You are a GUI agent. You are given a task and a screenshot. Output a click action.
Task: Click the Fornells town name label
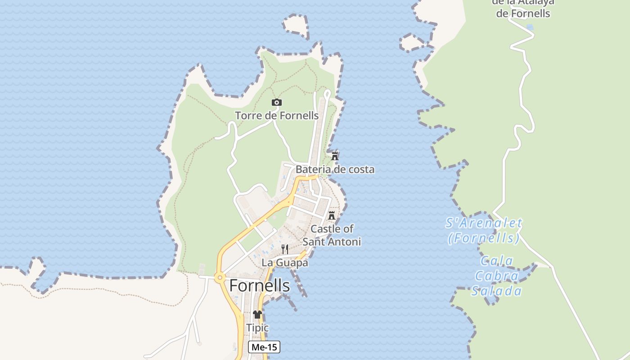click(260, 286)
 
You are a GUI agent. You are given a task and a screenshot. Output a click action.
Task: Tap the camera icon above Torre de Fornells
click(277, 103)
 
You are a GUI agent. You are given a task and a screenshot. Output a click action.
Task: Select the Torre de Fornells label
click(277, 116)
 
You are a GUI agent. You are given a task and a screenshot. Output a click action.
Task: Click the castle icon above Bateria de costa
click(335, 156)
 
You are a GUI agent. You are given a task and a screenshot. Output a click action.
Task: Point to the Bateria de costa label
click(335, 170)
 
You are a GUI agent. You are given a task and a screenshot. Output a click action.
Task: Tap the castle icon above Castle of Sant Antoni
click(332, 216)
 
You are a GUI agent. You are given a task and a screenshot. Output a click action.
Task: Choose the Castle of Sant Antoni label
click(332, 235)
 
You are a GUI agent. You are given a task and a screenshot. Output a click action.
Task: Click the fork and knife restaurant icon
click(285, 249)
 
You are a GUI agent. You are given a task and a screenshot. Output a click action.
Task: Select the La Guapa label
click(285, 263)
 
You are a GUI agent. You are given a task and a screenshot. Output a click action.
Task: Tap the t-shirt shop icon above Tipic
click(257, 315)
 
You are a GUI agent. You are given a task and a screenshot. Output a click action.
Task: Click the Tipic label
click(257, 328)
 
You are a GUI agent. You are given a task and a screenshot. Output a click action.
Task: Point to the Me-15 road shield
click(264, 347)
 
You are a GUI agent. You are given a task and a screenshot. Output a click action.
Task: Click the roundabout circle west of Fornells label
click(220, 278)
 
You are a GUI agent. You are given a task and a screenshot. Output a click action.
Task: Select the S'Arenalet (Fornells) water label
click(484, 230)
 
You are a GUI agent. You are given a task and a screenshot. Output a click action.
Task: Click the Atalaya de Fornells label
click(523, 8)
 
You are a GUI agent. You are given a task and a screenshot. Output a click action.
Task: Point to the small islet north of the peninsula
click(296, 26)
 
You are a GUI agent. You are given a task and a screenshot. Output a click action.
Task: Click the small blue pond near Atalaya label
click(530, 27)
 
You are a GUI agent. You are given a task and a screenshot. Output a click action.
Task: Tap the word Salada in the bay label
click(496, 291)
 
